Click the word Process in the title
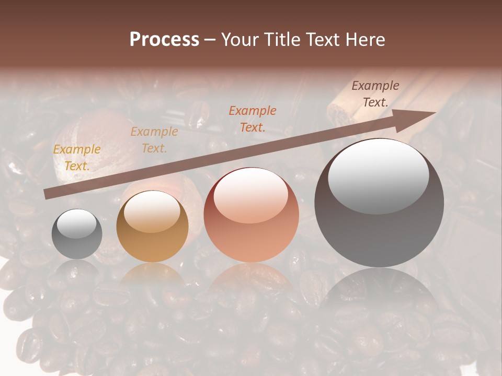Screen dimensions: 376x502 (x=164, y=40)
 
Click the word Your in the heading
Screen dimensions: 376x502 (x=238, y=40)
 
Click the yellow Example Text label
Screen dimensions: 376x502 (x=77, y=158)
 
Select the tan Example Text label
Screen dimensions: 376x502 (x=154, y=140)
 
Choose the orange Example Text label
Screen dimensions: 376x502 (x=253, y=119)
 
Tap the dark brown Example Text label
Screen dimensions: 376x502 (x=375, y=94)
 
